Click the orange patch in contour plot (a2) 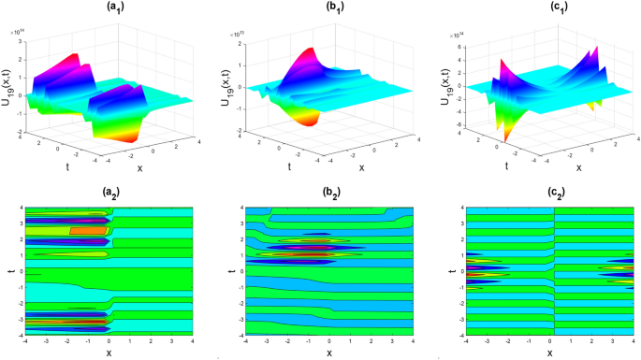click(82, 230)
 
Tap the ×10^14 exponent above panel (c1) click(450, 32)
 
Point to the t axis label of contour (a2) click(8, 272)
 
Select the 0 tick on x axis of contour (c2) click(553, 342)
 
